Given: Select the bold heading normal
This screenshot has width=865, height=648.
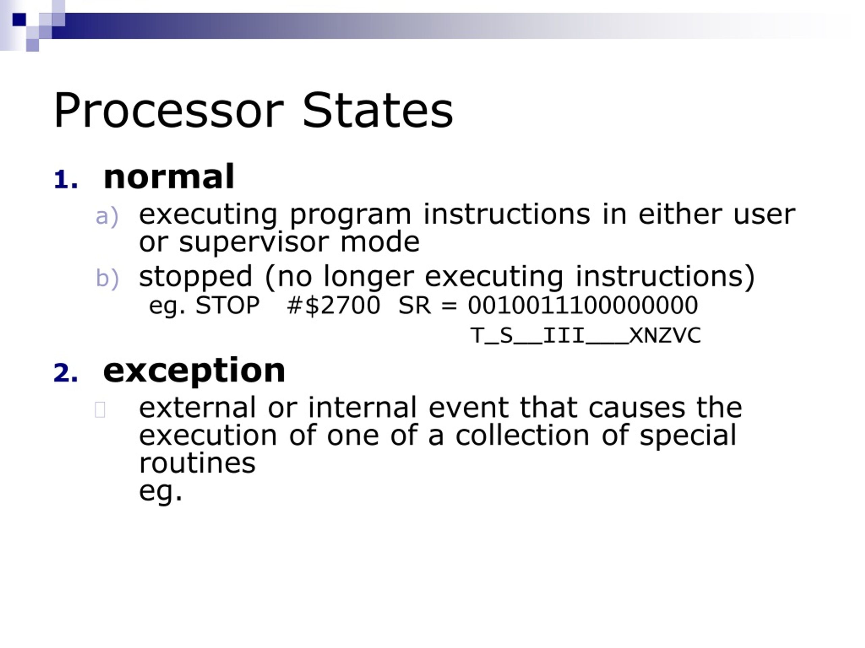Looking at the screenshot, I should (169, 177).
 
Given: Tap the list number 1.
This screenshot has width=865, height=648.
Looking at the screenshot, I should (65, 180).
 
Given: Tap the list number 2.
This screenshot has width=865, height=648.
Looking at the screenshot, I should (65, 373).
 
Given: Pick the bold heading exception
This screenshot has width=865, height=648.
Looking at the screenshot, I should (194, 370).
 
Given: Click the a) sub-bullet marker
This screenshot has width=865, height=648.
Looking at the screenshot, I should (107, 216).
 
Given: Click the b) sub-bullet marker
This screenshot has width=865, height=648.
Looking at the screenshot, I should (107, 278).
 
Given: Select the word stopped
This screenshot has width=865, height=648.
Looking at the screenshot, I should (195, 276).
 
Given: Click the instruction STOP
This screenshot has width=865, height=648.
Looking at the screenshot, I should (227, 305).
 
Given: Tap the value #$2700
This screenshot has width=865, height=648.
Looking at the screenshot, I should (333, 305).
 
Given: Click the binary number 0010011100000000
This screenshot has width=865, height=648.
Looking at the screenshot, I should (583, 305).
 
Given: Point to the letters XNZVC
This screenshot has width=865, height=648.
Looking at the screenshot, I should (665, 335).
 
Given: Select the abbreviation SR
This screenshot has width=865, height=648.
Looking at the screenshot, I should (414, 305).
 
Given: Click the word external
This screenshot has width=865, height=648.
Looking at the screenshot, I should (197, 407).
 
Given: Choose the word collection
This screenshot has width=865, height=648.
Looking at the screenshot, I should (522, 435).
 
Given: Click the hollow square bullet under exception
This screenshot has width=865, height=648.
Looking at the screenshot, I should (100, 410).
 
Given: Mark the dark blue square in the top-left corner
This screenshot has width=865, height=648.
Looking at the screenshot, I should (19, 20).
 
